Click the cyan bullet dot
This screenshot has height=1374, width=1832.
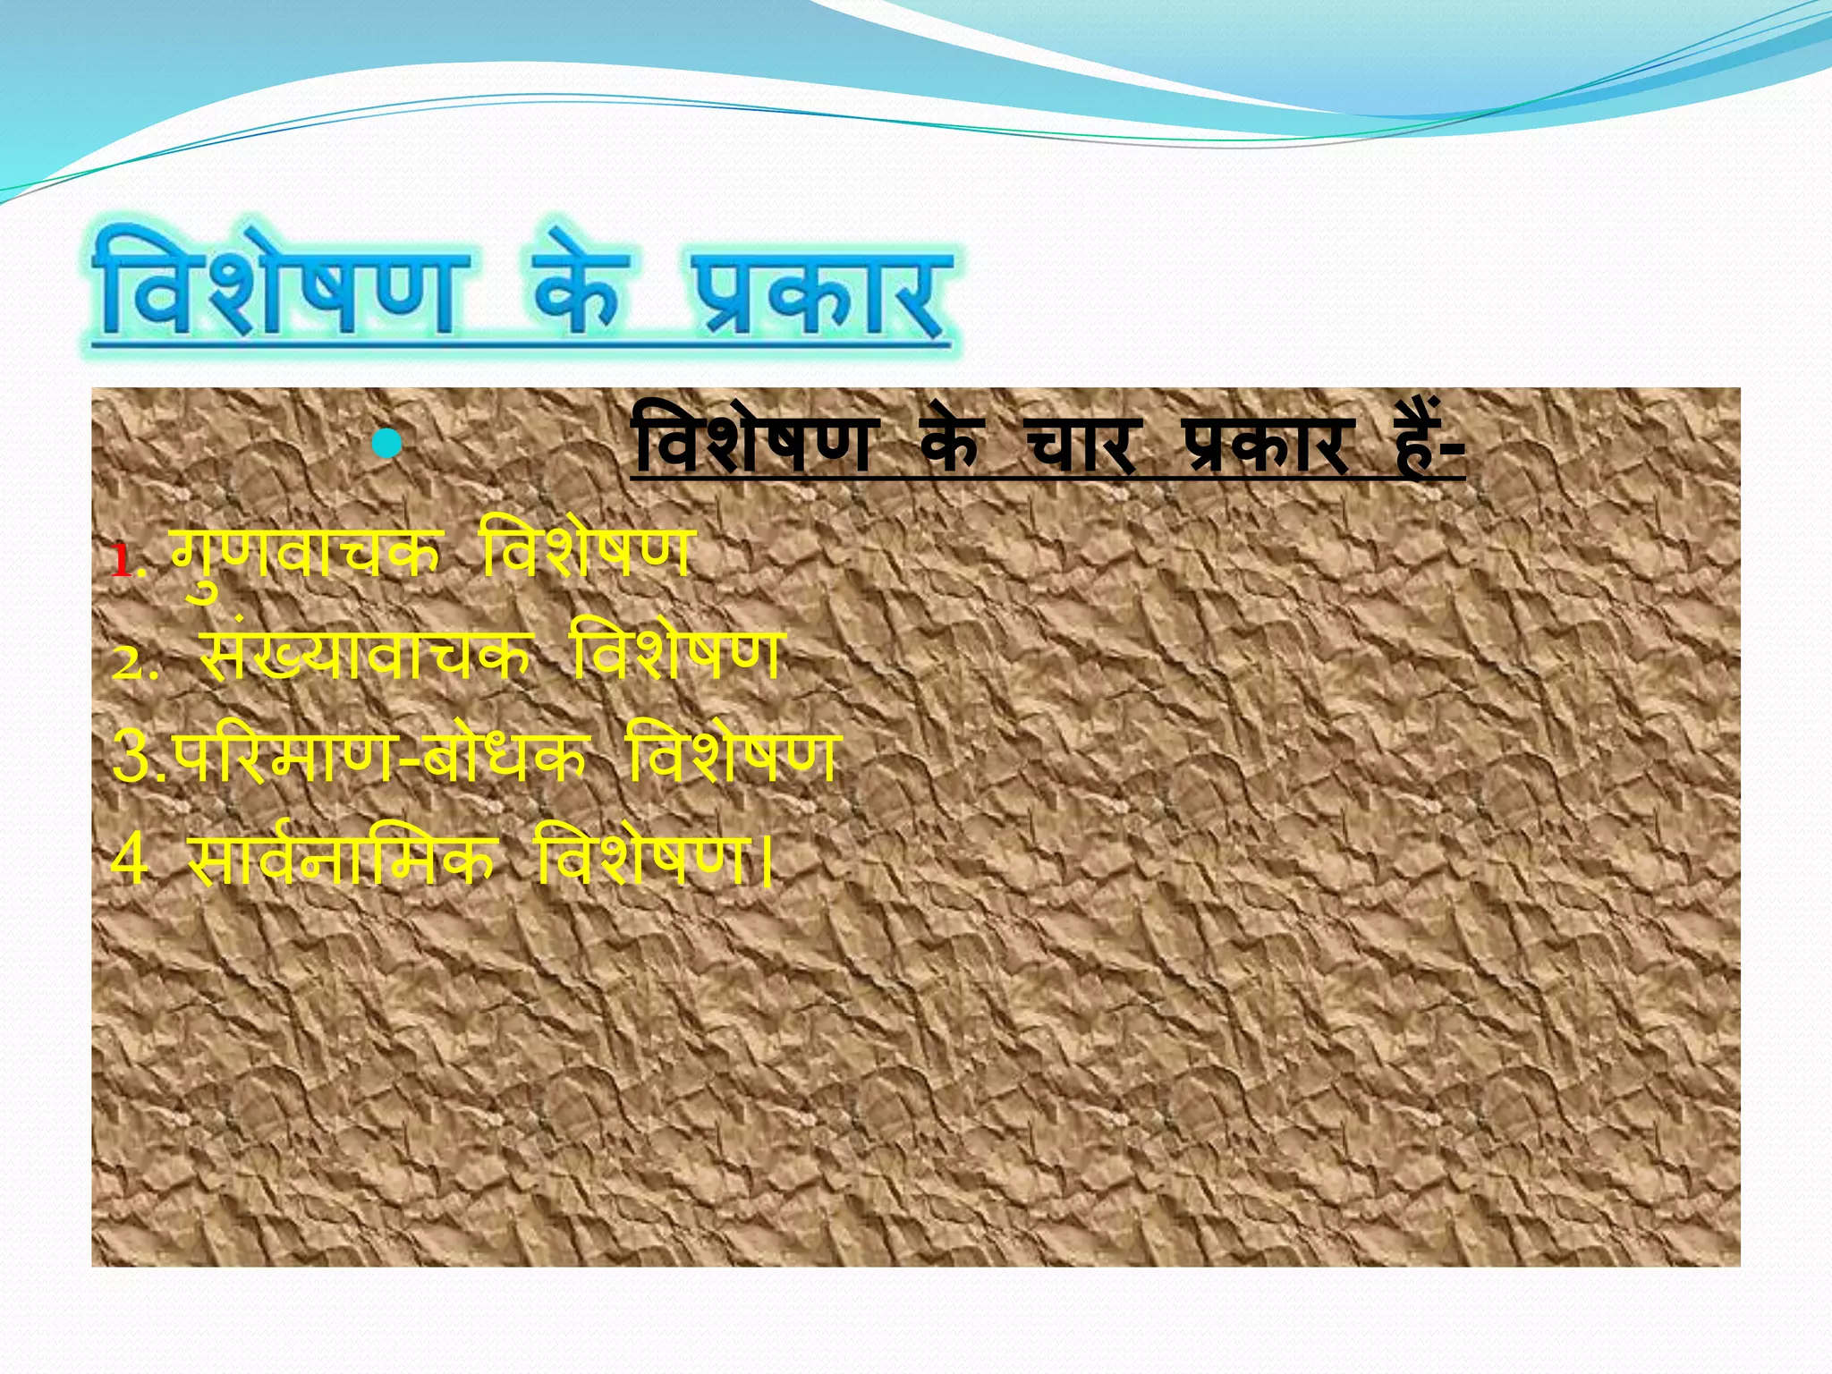pos(386,444)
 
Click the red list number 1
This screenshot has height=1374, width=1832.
pos(122,562)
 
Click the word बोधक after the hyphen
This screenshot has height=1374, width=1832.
pos(505,756)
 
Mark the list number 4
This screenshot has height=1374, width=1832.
pos(130,859)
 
